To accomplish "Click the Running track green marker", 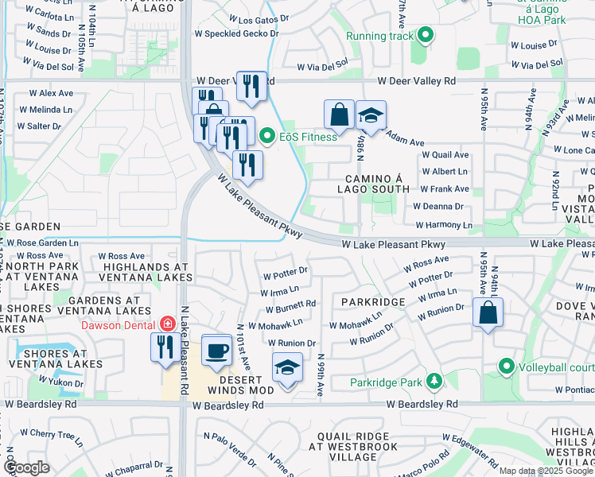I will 426,35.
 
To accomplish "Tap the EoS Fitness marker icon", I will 267,137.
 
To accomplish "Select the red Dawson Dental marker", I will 167,324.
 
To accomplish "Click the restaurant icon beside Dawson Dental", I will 165,347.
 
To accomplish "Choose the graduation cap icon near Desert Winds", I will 287,367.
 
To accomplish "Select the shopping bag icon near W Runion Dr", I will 488,312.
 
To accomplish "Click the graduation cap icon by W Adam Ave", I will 370,115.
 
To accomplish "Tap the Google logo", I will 27,467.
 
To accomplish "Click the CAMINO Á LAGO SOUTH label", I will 377,183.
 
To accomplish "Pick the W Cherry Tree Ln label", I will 52,435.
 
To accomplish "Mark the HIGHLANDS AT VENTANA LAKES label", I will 146,272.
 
